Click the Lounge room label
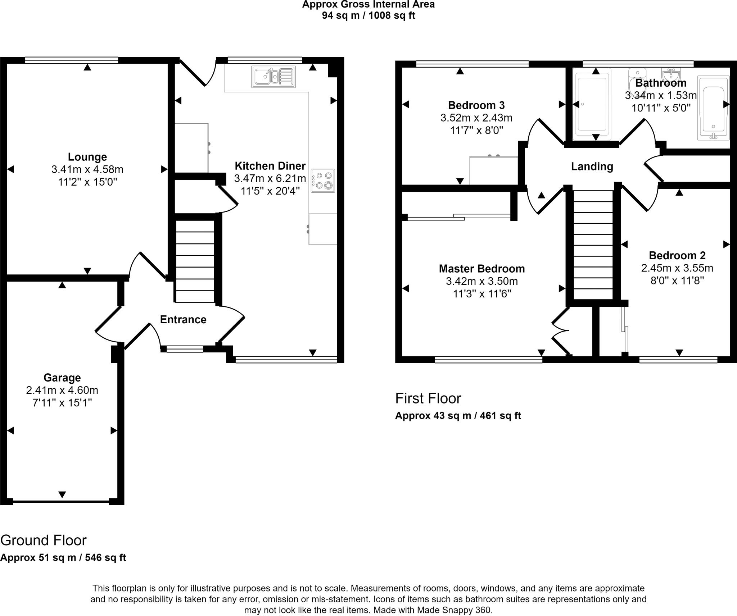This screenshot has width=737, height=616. click(87, 157)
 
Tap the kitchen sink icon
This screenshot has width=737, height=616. click(274, 77)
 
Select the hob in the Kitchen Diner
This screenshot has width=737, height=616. click(323, 181)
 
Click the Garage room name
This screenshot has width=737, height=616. click(62, 378)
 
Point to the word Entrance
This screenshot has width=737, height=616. click(183, 319)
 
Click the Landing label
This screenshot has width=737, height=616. click(592, 166)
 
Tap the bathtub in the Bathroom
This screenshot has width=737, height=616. click(713, 108)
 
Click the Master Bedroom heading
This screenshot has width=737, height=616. click(482, 269)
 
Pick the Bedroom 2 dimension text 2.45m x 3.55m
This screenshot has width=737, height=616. click(677, 268)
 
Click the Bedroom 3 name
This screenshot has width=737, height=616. click(476, 105)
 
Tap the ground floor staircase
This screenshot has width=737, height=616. click(195, 261)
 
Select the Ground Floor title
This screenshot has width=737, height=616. click(44, 540)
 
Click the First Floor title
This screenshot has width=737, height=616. click(428, 398)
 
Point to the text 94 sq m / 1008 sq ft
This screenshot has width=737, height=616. click(368, 16)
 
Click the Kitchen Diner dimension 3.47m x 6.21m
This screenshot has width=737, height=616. click(270, 178)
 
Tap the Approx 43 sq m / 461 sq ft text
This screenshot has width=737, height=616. click(458, 416)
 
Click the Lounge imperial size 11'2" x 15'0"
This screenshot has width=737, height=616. click(87, 182)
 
